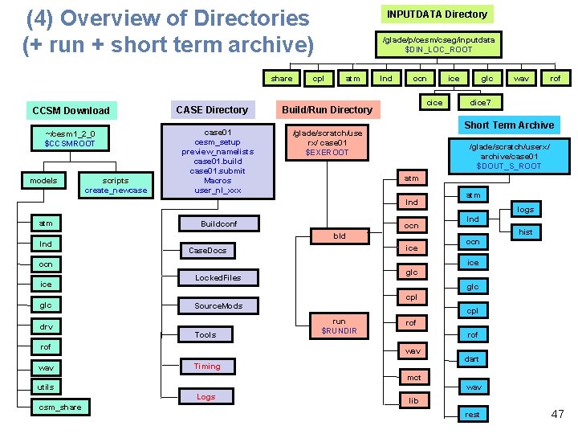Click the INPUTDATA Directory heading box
tap(437, 14)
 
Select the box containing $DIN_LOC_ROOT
tap(438, 44)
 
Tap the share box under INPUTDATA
tap(282, 79)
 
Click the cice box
tap(434, 102)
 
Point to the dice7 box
tap(480, 102)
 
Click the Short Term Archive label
tap(509, 125)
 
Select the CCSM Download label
tap(71, 110)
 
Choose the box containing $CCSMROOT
tap(70, 138)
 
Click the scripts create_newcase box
tap(116, 185)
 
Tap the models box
tap(43, 180)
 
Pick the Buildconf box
tap(218, 223)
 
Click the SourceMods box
tap(218, 305)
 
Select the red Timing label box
tap(206, 366)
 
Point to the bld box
tap(340, 236)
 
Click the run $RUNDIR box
tap(339, 325)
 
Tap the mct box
tap(413, 377)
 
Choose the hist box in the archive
tap(526, 231)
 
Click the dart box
tap(472, 358)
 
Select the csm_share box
tap(61, 407)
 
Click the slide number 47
tap(557, 414)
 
